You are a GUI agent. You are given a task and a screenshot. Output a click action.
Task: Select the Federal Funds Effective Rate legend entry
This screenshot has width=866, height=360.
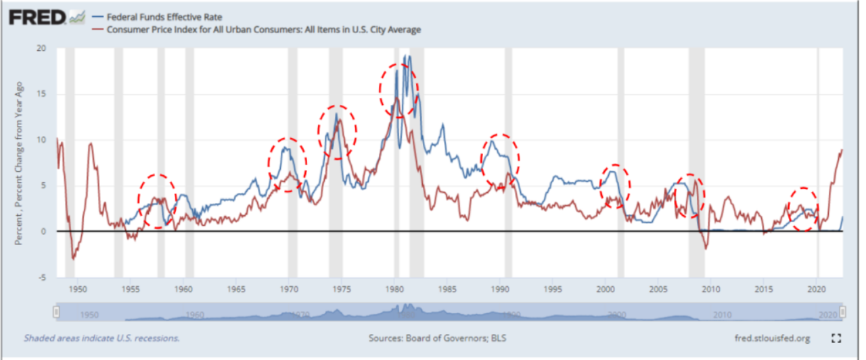(152, 16)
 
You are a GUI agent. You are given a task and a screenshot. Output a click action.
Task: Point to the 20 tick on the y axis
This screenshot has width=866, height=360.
(42, 49)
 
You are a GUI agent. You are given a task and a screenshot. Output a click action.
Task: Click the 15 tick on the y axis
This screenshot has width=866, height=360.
(42, 94)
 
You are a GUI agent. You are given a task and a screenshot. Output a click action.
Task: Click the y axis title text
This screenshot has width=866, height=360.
(20, 162)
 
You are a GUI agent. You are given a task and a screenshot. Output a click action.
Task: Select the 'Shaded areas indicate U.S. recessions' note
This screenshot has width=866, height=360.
(101, 338)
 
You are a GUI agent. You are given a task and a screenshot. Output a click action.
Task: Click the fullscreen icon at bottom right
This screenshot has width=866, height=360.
(836, 338)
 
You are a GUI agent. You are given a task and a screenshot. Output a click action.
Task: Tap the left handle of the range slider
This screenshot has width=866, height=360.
(57, 312)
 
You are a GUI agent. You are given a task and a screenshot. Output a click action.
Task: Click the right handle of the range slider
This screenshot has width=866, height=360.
(843, 312)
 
